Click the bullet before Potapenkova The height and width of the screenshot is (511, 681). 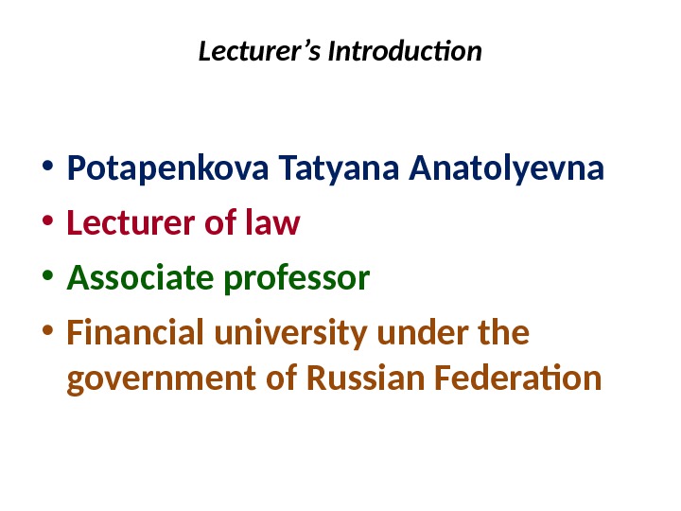[47, 172]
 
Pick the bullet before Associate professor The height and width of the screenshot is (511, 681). [47, 280]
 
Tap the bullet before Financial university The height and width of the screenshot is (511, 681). [47, 335]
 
